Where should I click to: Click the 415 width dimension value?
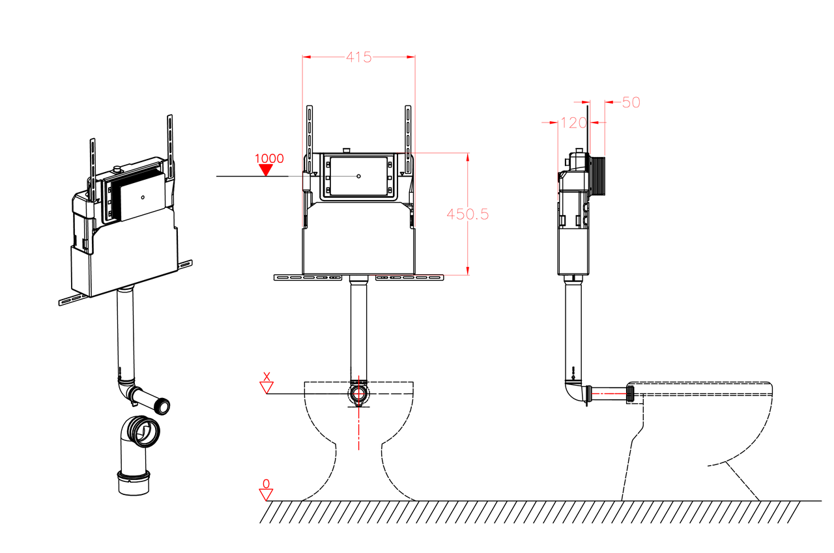pos(358,57)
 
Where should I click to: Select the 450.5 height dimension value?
pos(467,214)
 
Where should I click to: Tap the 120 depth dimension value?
pos(573,123)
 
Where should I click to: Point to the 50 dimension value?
pos(631,102)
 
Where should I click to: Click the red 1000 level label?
pos(269,158)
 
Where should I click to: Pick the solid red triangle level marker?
pos(266,170)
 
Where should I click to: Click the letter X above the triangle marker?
pos(266,376)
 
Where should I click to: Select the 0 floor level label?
pos(266,483)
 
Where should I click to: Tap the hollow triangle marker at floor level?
pos(266,495)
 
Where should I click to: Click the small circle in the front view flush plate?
pos(358,176)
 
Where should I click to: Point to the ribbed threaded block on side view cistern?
pos(597,176)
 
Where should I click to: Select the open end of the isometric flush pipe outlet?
pos(163,406)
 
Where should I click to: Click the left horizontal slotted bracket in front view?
pos(308,277)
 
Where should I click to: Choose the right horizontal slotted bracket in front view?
pos(410,277)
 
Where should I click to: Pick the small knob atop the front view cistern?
pos(347,150)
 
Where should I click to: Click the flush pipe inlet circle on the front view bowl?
pos(358,393)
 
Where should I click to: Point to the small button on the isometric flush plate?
pos(143,197)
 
